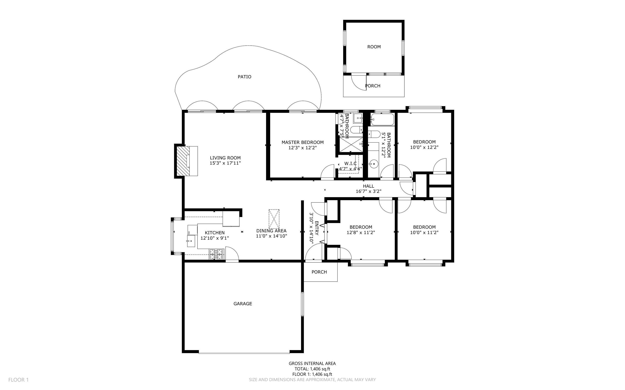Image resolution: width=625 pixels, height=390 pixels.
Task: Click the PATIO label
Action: pos(244,77)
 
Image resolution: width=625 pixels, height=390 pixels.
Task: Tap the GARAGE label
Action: pos(243,304)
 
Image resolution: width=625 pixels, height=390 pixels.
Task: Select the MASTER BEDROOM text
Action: pos(302,142)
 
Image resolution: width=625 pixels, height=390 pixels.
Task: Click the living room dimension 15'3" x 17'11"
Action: pos(225,163)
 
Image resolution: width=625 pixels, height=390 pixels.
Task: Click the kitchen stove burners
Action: pos(216,254)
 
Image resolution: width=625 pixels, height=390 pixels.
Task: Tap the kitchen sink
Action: pos(191,241)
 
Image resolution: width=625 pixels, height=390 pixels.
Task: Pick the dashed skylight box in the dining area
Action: pos(274,219)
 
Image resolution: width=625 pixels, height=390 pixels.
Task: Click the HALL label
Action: pos(368,186)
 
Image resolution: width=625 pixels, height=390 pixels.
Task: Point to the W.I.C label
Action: pos(350,163)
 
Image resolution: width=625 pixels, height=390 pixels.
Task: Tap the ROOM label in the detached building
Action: pos(374,47)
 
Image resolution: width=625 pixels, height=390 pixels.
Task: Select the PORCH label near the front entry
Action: pos(319,272)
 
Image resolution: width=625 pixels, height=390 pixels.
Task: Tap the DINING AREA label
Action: pos(271,231)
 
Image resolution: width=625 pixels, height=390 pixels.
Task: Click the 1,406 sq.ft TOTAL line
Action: pos(312,369)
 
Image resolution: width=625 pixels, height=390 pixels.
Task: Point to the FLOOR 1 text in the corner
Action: pos(19,380)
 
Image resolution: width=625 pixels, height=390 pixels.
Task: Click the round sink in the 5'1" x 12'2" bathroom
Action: pos(373,163)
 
